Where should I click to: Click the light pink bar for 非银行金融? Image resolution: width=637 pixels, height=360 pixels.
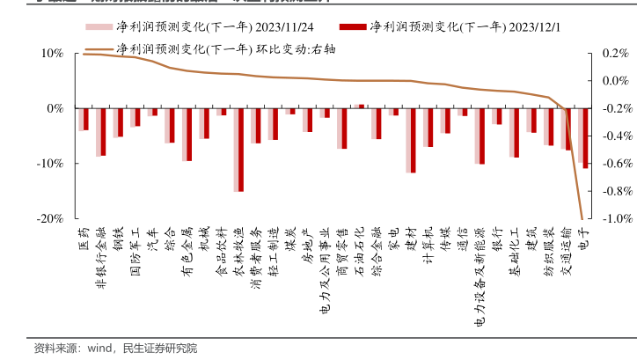(x=98, y=132)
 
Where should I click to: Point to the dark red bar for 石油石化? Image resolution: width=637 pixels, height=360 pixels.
(x=362, y=106)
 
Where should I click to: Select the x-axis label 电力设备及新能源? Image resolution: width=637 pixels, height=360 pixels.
(x=479, y=277)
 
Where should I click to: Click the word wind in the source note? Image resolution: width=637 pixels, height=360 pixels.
(x=99, y=348)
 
